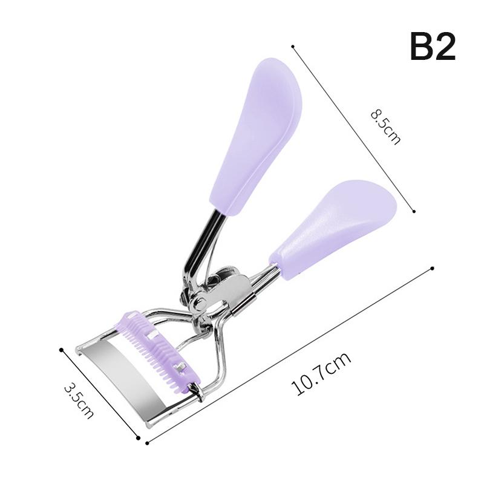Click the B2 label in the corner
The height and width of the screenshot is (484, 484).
433,47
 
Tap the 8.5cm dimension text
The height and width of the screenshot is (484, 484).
385,127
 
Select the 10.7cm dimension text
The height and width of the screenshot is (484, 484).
321,374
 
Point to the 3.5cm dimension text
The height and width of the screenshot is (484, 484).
79,401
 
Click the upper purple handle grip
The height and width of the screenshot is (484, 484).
255,136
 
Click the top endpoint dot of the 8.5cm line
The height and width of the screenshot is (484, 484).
293,47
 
